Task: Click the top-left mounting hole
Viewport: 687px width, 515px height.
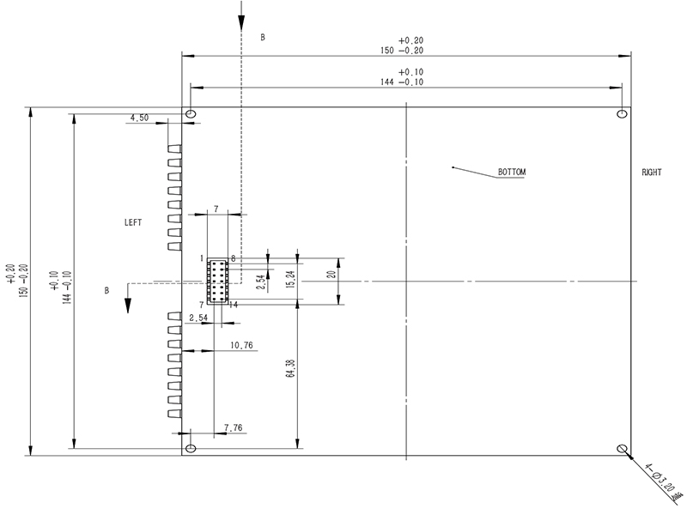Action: (191, 114)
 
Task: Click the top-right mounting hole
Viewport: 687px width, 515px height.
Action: (622, 114)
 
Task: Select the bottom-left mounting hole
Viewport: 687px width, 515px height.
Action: (191, 448)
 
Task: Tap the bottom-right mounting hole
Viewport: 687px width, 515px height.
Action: (622, 448)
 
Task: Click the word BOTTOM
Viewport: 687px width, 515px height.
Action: (511, 173)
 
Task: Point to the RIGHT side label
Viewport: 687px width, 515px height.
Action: (652, 173)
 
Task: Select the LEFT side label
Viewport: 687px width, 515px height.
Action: (133, 222)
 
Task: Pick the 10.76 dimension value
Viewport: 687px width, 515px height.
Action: (242, 346)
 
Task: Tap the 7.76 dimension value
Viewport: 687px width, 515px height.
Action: (234, 427)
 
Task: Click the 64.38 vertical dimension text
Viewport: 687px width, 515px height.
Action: (290, 369)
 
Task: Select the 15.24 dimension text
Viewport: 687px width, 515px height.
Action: (290, 278)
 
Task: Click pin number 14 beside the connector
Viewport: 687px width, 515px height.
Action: (234, 305)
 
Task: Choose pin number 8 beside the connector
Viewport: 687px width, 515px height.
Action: (233, 258)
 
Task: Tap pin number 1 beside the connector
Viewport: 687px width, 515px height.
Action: (202, 258)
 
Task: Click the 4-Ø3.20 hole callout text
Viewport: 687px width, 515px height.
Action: (660, 482)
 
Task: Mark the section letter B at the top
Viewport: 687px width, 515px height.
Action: (263, 38)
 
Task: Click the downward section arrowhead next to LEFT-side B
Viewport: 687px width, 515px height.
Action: (128, 306)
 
